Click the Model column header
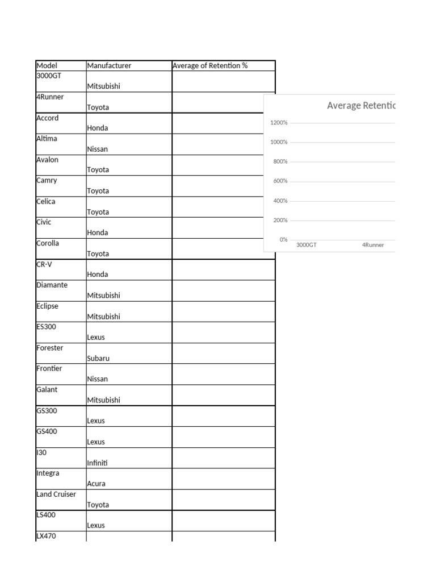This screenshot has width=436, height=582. (x=47, y=65)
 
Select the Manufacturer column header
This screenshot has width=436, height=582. (x=109, y=65)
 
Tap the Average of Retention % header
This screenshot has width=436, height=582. (x=210, y=65)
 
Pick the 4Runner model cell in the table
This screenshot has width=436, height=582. (x=50, y=97)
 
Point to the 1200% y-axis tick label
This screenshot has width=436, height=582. (x=279, y=123)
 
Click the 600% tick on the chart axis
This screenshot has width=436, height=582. (x=280, y=181)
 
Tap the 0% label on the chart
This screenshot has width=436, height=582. (x=283, y=239)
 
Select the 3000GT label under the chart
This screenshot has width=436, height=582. (x=307, y=245)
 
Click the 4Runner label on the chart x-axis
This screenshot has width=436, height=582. (x=373, y=245)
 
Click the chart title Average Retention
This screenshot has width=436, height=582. (x=360, y=105)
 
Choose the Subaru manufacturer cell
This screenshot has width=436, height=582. (x=98, y=358)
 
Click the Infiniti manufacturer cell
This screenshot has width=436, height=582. (x=97, y=463)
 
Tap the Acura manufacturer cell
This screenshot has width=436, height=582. (x=96, y=484)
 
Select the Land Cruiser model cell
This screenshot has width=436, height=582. (x=56, y=494)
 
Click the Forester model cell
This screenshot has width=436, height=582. (x=49, y=347)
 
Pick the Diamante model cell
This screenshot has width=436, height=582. (x=52, y=285)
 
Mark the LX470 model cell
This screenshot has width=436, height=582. (x=46, y=536)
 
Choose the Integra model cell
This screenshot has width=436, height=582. (x=48, y=473)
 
